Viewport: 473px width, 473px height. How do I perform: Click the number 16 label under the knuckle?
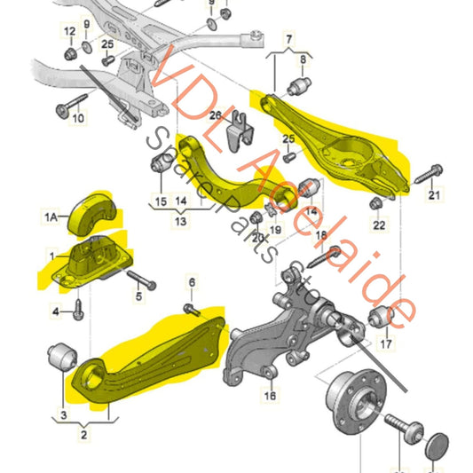pos(270,398)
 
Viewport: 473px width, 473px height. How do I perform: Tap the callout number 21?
pos(434,196)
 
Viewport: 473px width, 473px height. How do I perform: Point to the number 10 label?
pos(78,117)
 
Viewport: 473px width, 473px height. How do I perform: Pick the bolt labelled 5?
pos(142,282)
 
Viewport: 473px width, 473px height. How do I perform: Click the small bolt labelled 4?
pos(78,309)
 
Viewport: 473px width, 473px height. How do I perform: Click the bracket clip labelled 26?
pos(237,136)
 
